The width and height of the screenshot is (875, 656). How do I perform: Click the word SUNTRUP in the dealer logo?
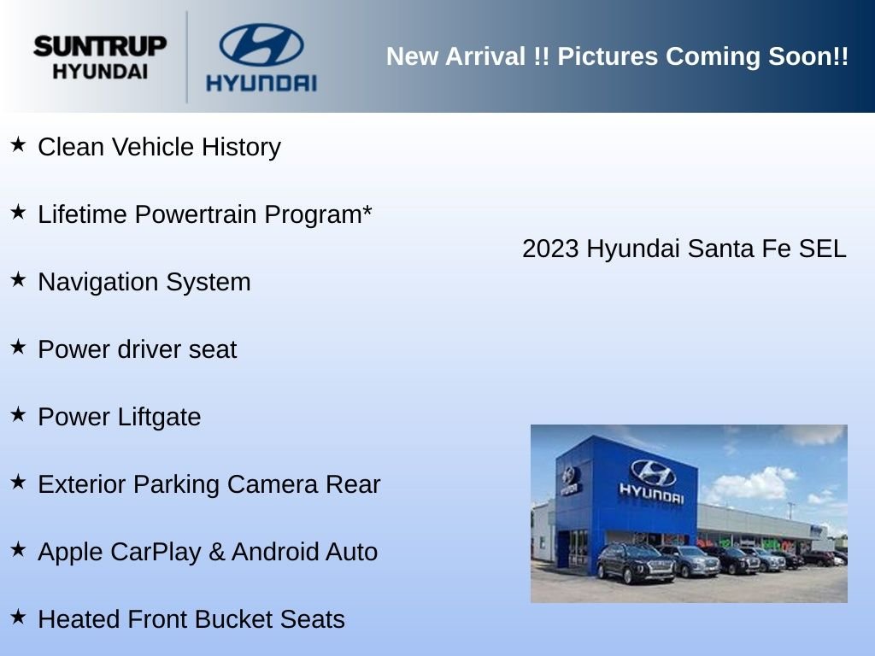point(100,46)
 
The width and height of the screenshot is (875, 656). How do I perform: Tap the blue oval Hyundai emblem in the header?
point(261,44)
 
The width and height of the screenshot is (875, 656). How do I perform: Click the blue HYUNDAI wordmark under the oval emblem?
point(261,83)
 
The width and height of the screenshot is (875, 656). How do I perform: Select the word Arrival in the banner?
point(485,56)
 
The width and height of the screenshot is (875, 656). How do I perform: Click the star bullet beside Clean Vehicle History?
point(18,145)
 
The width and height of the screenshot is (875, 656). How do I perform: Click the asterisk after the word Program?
point(367,210)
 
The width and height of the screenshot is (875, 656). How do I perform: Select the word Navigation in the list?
point(99,282)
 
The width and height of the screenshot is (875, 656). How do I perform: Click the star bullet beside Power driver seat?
point(18,347)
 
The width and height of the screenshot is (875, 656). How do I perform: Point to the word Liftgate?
point(159,417)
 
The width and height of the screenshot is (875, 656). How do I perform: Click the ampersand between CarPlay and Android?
point(216,553)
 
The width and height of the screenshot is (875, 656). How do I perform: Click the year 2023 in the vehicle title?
point(550,249)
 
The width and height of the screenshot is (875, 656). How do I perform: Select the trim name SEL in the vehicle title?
point(822,249)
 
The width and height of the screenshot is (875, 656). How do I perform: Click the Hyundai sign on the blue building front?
point(652,482)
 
